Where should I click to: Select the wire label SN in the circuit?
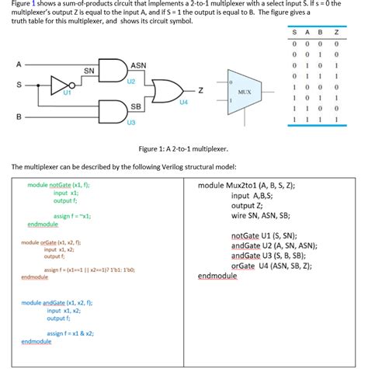point(89,71)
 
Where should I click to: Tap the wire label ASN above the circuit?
point(138,65)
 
